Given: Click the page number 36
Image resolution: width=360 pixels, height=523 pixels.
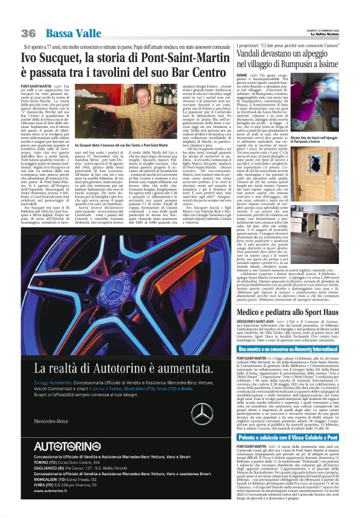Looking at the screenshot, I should pyautogui.click(x=29, y=33).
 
